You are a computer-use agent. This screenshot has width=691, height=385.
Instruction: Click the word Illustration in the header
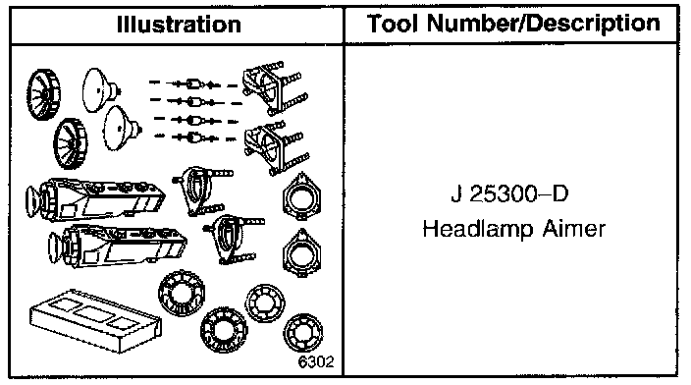coord(179,25)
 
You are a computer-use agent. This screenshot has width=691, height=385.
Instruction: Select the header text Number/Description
coord(544,24)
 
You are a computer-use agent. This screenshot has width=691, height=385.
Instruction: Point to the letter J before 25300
coord(456,194)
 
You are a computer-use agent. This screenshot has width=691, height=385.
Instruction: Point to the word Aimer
coord(574,229)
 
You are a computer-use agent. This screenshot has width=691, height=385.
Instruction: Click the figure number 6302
coord(316,361)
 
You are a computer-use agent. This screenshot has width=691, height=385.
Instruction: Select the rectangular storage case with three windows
coord(95,320)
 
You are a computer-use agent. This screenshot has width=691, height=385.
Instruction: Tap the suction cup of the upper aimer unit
coord(33,202)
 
